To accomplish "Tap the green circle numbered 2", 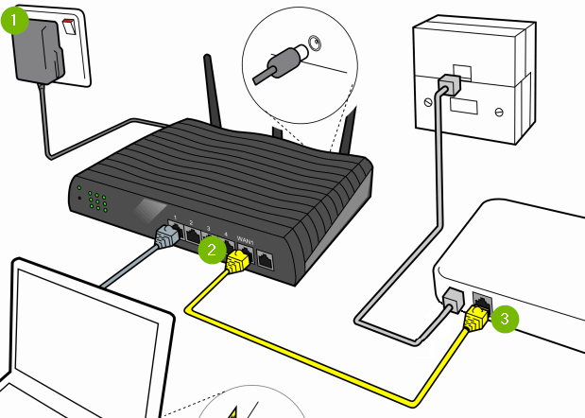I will (x=212, y=250).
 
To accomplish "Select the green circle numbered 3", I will (x=506, y=318).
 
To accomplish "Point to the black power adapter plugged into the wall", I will (x=48, y=52).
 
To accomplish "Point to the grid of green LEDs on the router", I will (x=95, y=201).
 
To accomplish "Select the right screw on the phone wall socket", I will (x=498, y=113).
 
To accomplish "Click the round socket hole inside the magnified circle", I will (x=314, y=43).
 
